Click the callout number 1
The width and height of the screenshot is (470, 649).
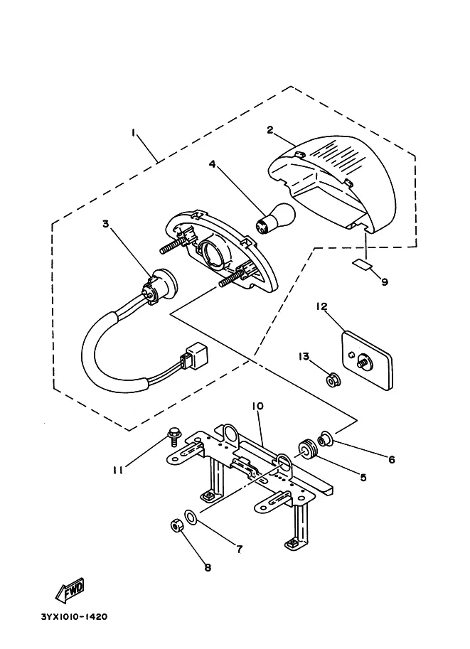[134, 133]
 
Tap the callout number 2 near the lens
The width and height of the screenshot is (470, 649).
[270, 130]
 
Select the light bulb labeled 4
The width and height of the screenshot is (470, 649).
[275, 218]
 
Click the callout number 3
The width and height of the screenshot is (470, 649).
[106, 224]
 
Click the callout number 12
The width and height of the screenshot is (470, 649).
[322, 306]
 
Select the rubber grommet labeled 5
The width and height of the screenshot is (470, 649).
[308, 451]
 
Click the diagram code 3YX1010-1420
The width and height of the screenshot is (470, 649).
[74, 617]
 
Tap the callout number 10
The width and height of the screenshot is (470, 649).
[257, 406]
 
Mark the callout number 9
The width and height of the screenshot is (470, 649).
[385, 282]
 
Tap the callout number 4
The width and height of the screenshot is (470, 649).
[212, 164]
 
